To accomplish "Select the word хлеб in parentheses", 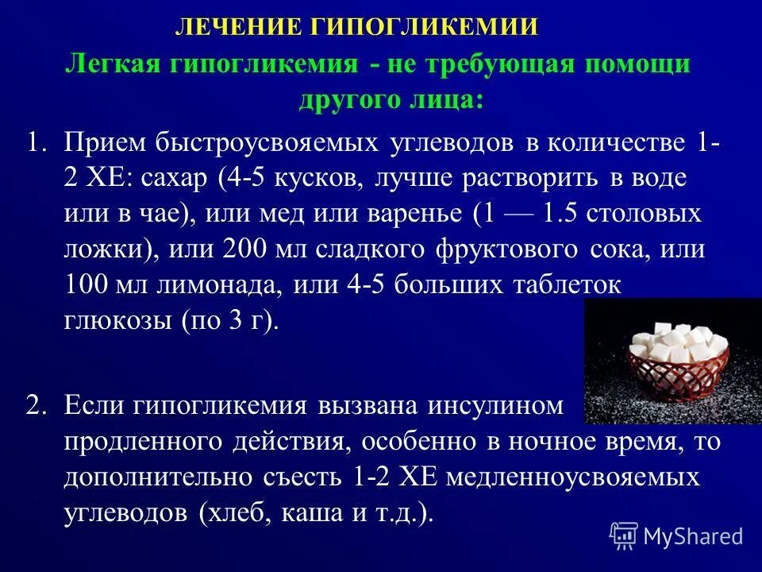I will coord(237,513).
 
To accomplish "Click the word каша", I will coord(307,513).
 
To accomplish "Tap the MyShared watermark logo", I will coord(677,535).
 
